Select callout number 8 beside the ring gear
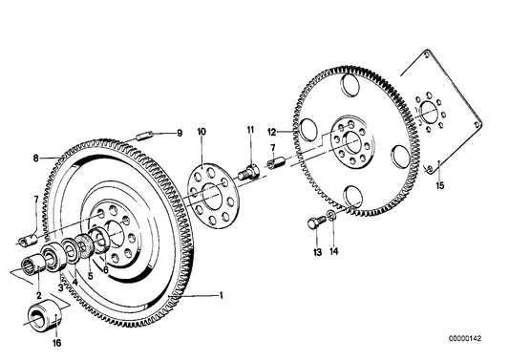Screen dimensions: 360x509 coord(36,159)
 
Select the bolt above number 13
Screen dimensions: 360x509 coord(317,224)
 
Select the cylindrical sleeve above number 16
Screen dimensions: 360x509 coord(42,315)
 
